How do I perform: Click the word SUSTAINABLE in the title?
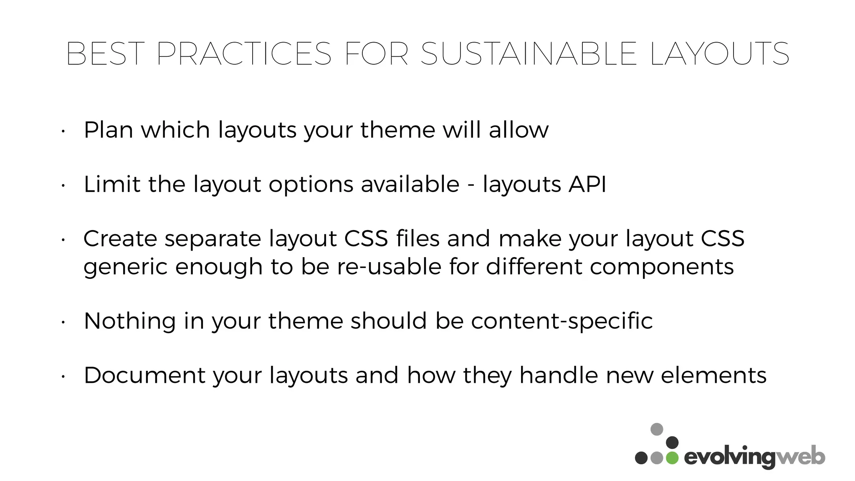(x=529, y=54)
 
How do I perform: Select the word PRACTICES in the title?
(x=244, y=54)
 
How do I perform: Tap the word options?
(x=311, y=185)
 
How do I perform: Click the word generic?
(x=125, y=267)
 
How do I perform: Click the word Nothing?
(x=129, y=322)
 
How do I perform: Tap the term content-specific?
(x=562, y=322)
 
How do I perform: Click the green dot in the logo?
(x=672, y=458)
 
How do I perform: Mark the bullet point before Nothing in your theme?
(x=62, y=322)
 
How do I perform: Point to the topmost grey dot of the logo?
(x=657, y=429)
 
